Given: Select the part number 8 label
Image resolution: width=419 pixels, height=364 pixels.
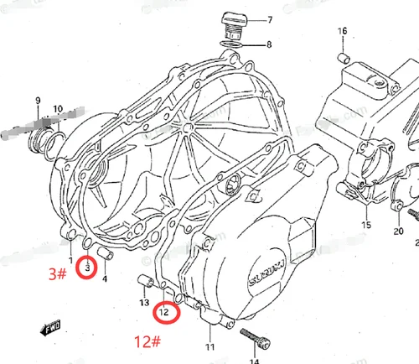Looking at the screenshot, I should (269, 44).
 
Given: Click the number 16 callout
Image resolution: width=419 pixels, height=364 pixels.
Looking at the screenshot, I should (342, 32).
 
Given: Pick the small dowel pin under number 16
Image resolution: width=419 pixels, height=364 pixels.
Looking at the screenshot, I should (343, 57).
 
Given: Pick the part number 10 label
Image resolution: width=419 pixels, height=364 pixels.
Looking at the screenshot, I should (57, 110).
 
